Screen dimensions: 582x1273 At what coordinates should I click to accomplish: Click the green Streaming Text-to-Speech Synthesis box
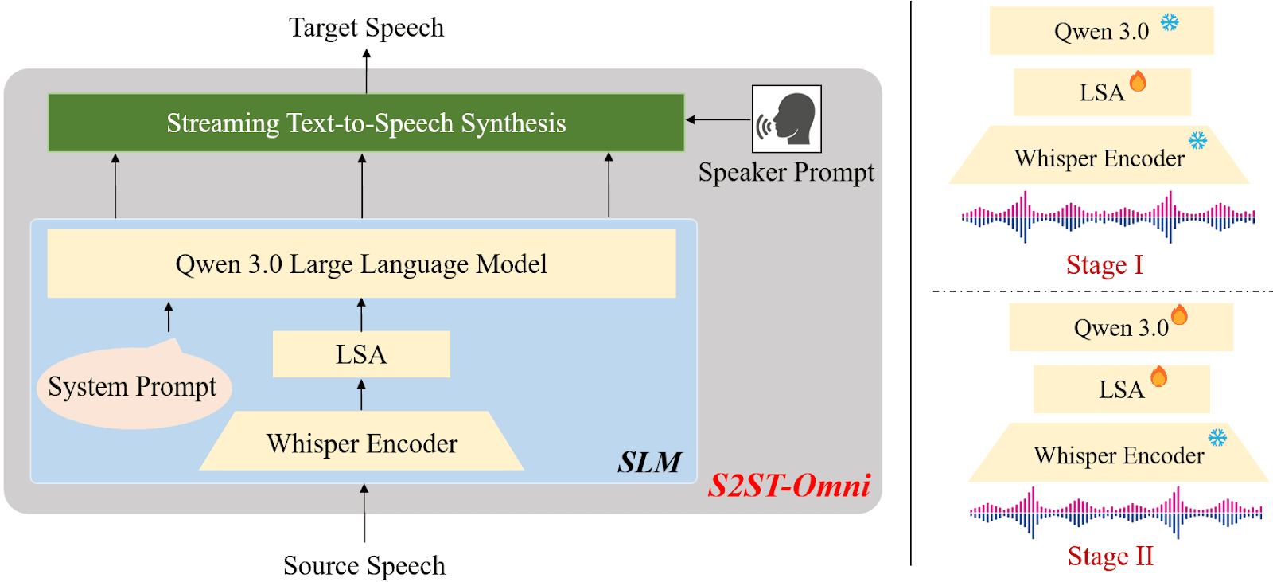pyautogui.click(x=366, y=123)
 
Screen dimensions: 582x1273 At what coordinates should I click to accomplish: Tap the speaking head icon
pyautogui.click(x=787, y=119)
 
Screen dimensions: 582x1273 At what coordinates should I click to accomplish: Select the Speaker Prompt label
pyautogui.click(x=786, y=172)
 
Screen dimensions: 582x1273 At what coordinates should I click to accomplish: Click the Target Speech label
pyautogui.click(x=366, y=28)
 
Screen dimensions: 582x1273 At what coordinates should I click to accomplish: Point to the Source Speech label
pyautogui.click(x=364, y=565)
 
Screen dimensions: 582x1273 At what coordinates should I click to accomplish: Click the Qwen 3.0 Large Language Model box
pyautogui.click(x=361, y=264)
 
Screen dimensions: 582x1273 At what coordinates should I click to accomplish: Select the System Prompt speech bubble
pyautogui.click(x=133, y=388)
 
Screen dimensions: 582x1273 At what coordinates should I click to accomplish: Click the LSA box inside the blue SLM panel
pyautogui.click(x=361, y=354)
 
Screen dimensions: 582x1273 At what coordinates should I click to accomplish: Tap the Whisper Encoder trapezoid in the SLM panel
pyautogui.click(x=362, y=442)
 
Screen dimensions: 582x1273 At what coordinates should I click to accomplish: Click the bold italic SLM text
pyautogui.click(x=649, y=463)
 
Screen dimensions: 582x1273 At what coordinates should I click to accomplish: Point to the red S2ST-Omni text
pyautogui.click(x=789, y=485)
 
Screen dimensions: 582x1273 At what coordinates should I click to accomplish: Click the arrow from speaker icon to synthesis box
pyautogui.click(x=718, y=119)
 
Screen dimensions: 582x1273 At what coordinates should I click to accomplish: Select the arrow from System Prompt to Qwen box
pyautogui.click(x=169, y=317)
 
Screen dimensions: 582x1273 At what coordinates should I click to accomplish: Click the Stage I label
pyautogui.click(x=1104, y=264)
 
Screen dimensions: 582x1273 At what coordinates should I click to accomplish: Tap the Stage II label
pyautogui.click(x=1110, y=556)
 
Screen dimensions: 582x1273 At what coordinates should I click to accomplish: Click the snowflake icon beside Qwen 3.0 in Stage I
pyautogui.click(x=1169, y=22)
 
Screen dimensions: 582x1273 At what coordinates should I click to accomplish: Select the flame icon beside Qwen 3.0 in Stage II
pyautogui.click(x=1179, y=315)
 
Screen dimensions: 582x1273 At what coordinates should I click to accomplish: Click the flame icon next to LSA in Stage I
pyautogui.click(x=1138, y=81)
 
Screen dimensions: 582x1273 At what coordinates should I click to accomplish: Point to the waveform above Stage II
pyautogui.click(x=1115, y=512)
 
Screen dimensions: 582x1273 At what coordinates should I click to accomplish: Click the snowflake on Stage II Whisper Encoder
pyautogui.click(x=1217, y=437)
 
